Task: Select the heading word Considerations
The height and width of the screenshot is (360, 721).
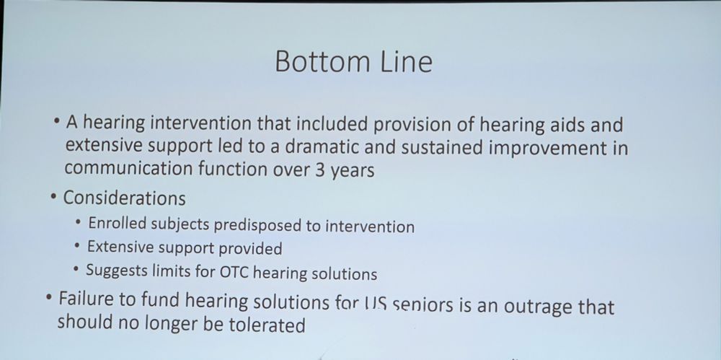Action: pos(124,198)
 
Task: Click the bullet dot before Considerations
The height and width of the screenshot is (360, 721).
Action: pos(53,197)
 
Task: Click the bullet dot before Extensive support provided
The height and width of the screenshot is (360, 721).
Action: pos(77,246)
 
